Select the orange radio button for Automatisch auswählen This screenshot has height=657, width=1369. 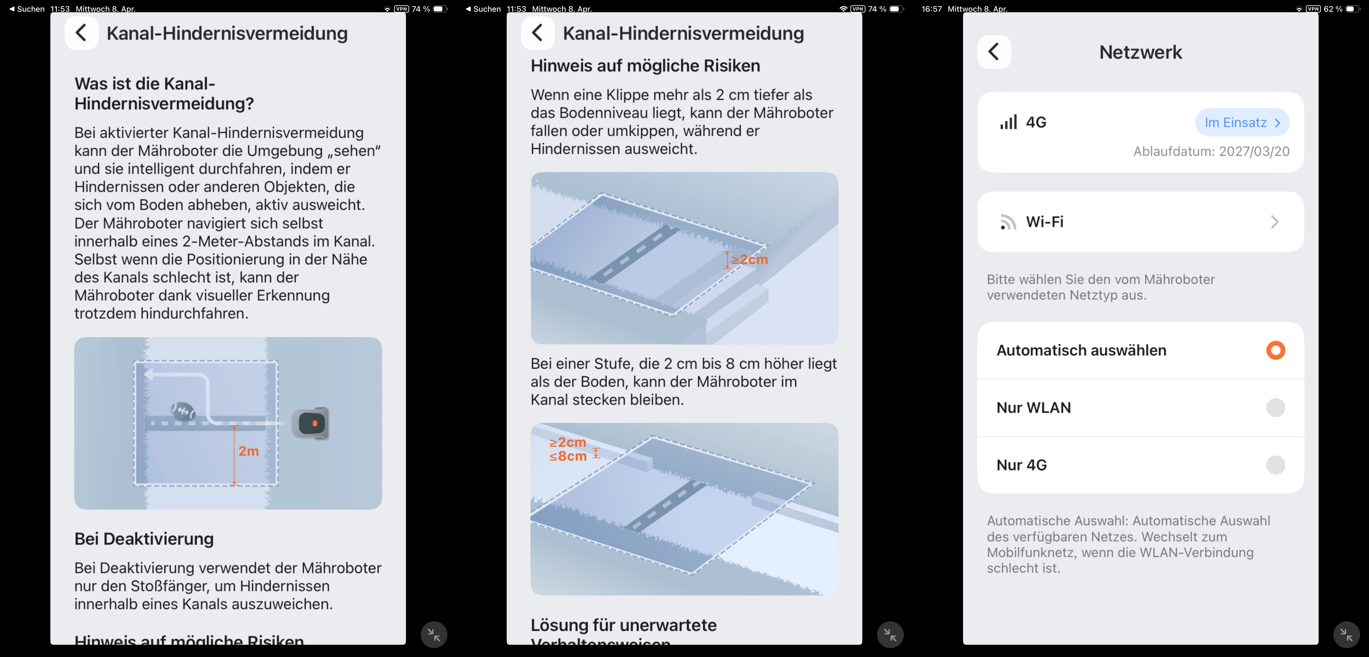pyautogui.click(x=1276, y=350)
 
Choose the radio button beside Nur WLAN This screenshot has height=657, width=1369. pyautogui.click(x=1276, y=408)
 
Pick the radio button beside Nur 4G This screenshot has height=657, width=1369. pyautogui.click(x=1276, y=465)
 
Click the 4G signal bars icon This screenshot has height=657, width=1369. pyautogui.click(x=1008, y=122)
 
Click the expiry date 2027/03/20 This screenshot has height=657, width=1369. pyautogui.click(x=1254, y=151)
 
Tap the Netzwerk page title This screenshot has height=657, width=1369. pyautogui.click(x=1141, y=52)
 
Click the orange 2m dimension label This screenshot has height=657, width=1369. pyautogui.click(x=248, y=451)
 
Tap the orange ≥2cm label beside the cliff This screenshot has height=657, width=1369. pyautogui.click(x=749, y=259)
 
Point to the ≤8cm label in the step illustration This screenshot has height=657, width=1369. pyautogui.click(x=568, y=456)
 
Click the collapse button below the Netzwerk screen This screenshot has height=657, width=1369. pyautogui.click(x=1346, y=635)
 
